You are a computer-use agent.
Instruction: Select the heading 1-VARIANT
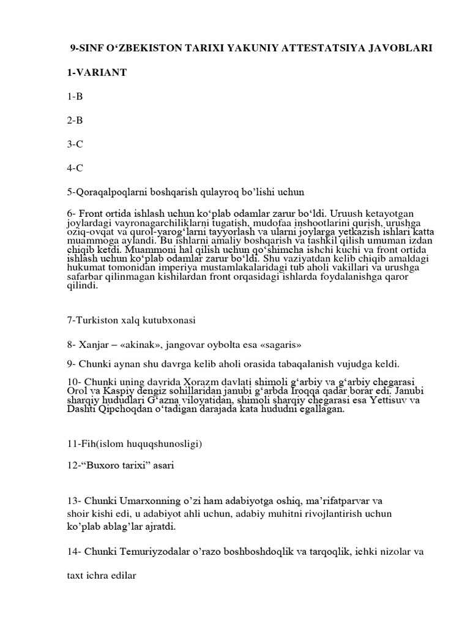click(97, 72)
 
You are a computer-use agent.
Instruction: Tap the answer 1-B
click(75, 96)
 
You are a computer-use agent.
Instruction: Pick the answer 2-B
click(75, 120)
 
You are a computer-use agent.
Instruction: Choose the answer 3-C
click(75, 144)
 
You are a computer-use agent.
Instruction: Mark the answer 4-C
click(75, 168)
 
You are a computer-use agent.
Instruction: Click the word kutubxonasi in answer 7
click(168, 320)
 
